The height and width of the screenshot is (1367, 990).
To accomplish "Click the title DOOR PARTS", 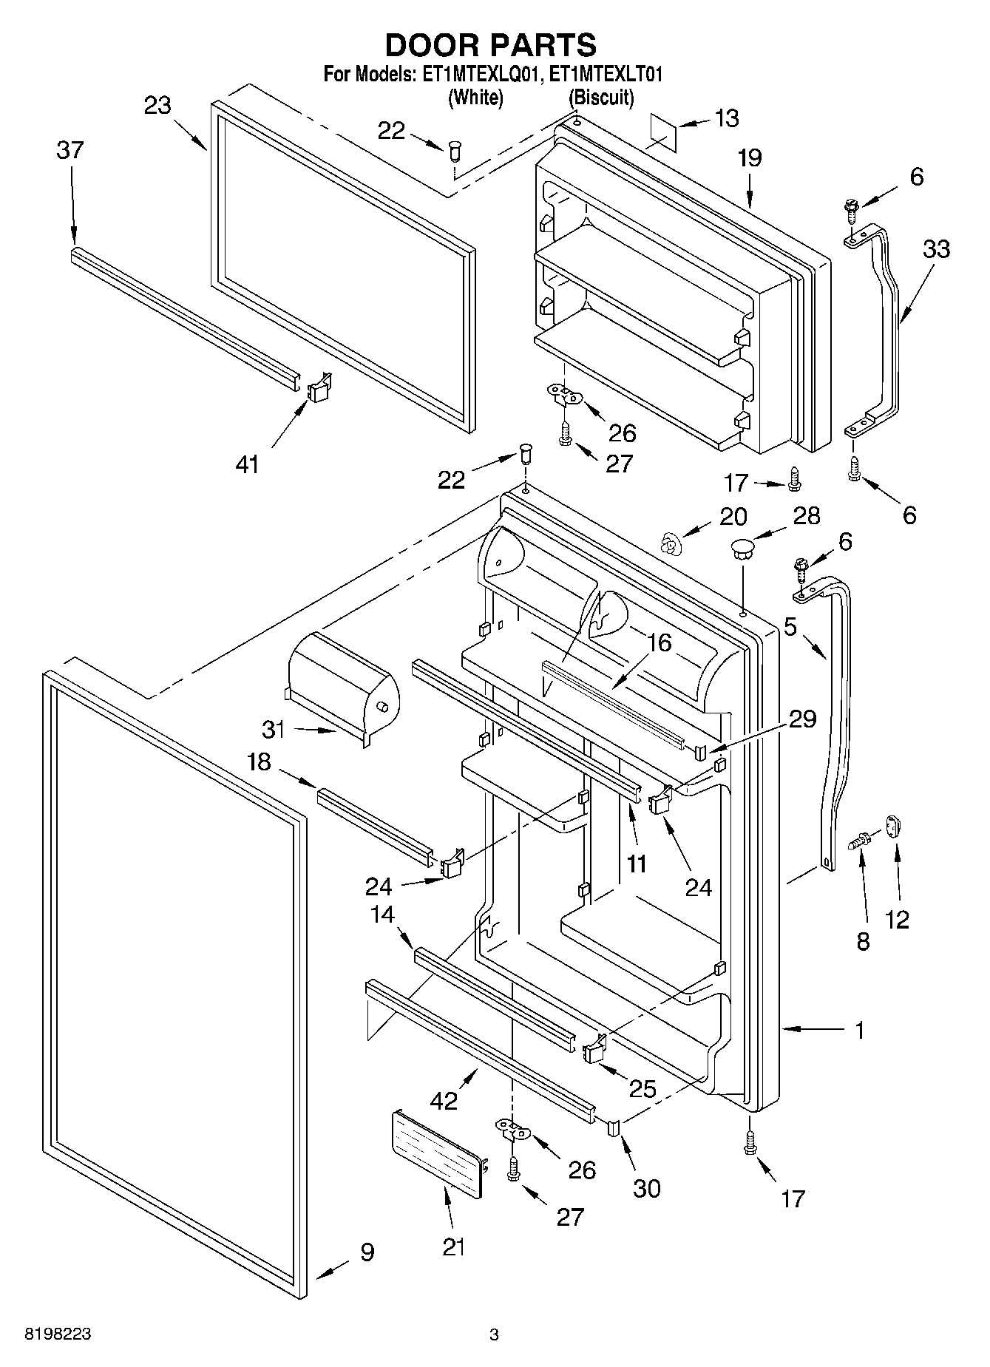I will [x=491, y=46].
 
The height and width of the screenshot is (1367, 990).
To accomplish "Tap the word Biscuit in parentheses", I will [x=600, y=98].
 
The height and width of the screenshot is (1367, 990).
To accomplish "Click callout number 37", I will [x=70, y=151].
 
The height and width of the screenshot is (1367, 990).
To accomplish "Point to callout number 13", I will [x=728, y=118].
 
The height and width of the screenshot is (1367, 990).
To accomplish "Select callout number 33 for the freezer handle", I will [x=935, y=249].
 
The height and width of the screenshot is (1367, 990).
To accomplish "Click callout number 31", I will [x=274, y=729].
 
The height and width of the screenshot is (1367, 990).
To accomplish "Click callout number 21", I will [x=453, y=1248].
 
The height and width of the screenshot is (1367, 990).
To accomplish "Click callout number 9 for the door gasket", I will [x=367, y=1252].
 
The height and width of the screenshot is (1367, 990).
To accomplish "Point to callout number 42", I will [x=444, y=1101].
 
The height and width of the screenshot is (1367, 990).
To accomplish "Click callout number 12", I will [x=896, y=920].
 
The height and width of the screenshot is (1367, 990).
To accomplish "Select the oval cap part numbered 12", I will [x=894, y=825].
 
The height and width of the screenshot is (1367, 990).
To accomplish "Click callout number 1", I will [x=859, y=1031].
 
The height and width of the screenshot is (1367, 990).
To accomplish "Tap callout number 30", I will [x=647, y=1189].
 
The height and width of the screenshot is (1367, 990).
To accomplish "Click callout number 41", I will [x=247, y=464].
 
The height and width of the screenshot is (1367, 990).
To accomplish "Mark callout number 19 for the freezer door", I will [x=749, y=158].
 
